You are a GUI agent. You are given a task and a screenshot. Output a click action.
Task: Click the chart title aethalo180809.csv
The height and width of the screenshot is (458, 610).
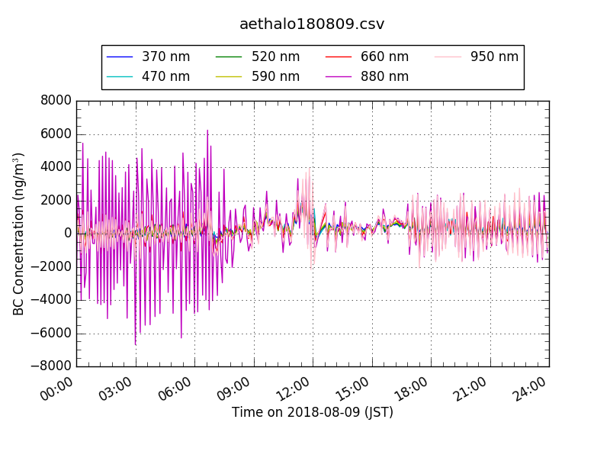click(312, 24)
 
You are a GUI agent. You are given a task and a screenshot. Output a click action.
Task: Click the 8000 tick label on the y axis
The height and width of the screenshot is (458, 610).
click(56, 100)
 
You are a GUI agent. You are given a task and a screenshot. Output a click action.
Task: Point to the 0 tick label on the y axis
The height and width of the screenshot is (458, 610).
click(68, 234)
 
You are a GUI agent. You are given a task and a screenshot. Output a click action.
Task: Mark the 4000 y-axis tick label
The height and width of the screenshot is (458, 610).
click(56, 166)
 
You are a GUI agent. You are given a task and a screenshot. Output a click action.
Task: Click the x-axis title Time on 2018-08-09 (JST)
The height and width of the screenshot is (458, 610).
click(313, 413)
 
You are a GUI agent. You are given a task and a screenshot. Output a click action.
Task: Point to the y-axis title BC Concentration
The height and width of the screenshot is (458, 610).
click(19, 234)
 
